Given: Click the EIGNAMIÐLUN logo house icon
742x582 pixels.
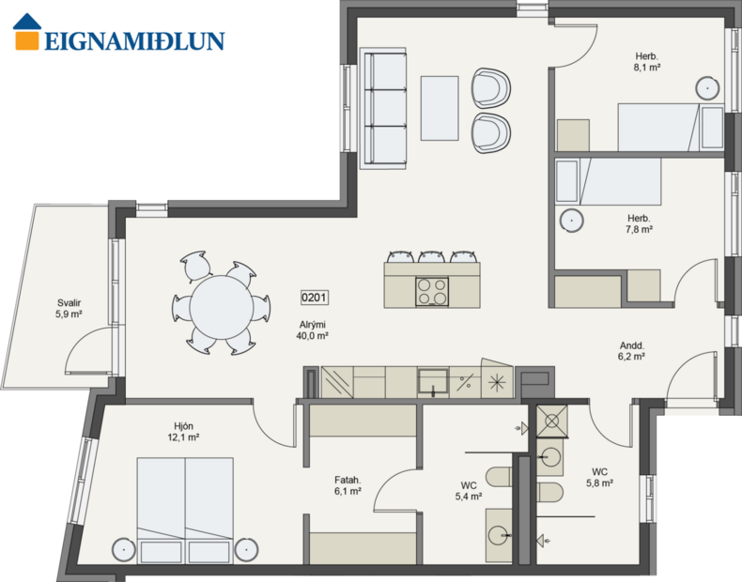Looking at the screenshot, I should (x=27, y=31).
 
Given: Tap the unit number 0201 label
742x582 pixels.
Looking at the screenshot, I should (x=314, y=298).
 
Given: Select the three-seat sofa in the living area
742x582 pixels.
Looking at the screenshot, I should (x=383, y=108).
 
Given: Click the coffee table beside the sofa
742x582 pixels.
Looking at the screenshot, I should (x=440, y=108).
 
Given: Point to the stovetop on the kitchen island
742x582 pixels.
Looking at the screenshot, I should (x=432, y=291).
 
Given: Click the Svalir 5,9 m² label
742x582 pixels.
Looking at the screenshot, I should (x=69, y=309).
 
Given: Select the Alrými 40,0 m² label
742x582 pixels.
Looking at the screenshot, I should (x=312, y=329).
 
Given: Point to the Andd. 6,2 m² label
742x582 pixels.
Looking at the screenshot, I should (x=631, y=350).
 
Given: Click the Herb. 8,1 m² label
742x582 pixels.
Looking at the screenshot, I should (x=647, y=61).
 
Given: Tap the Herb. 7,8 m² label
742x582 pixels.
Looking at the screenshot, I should (x=640, y=223).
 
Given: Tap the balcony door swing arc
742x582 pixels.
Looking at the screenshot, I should (x=90, y=355).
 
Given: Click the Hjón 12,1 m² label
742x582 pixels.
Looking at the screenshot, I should (x=184, y=431).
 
